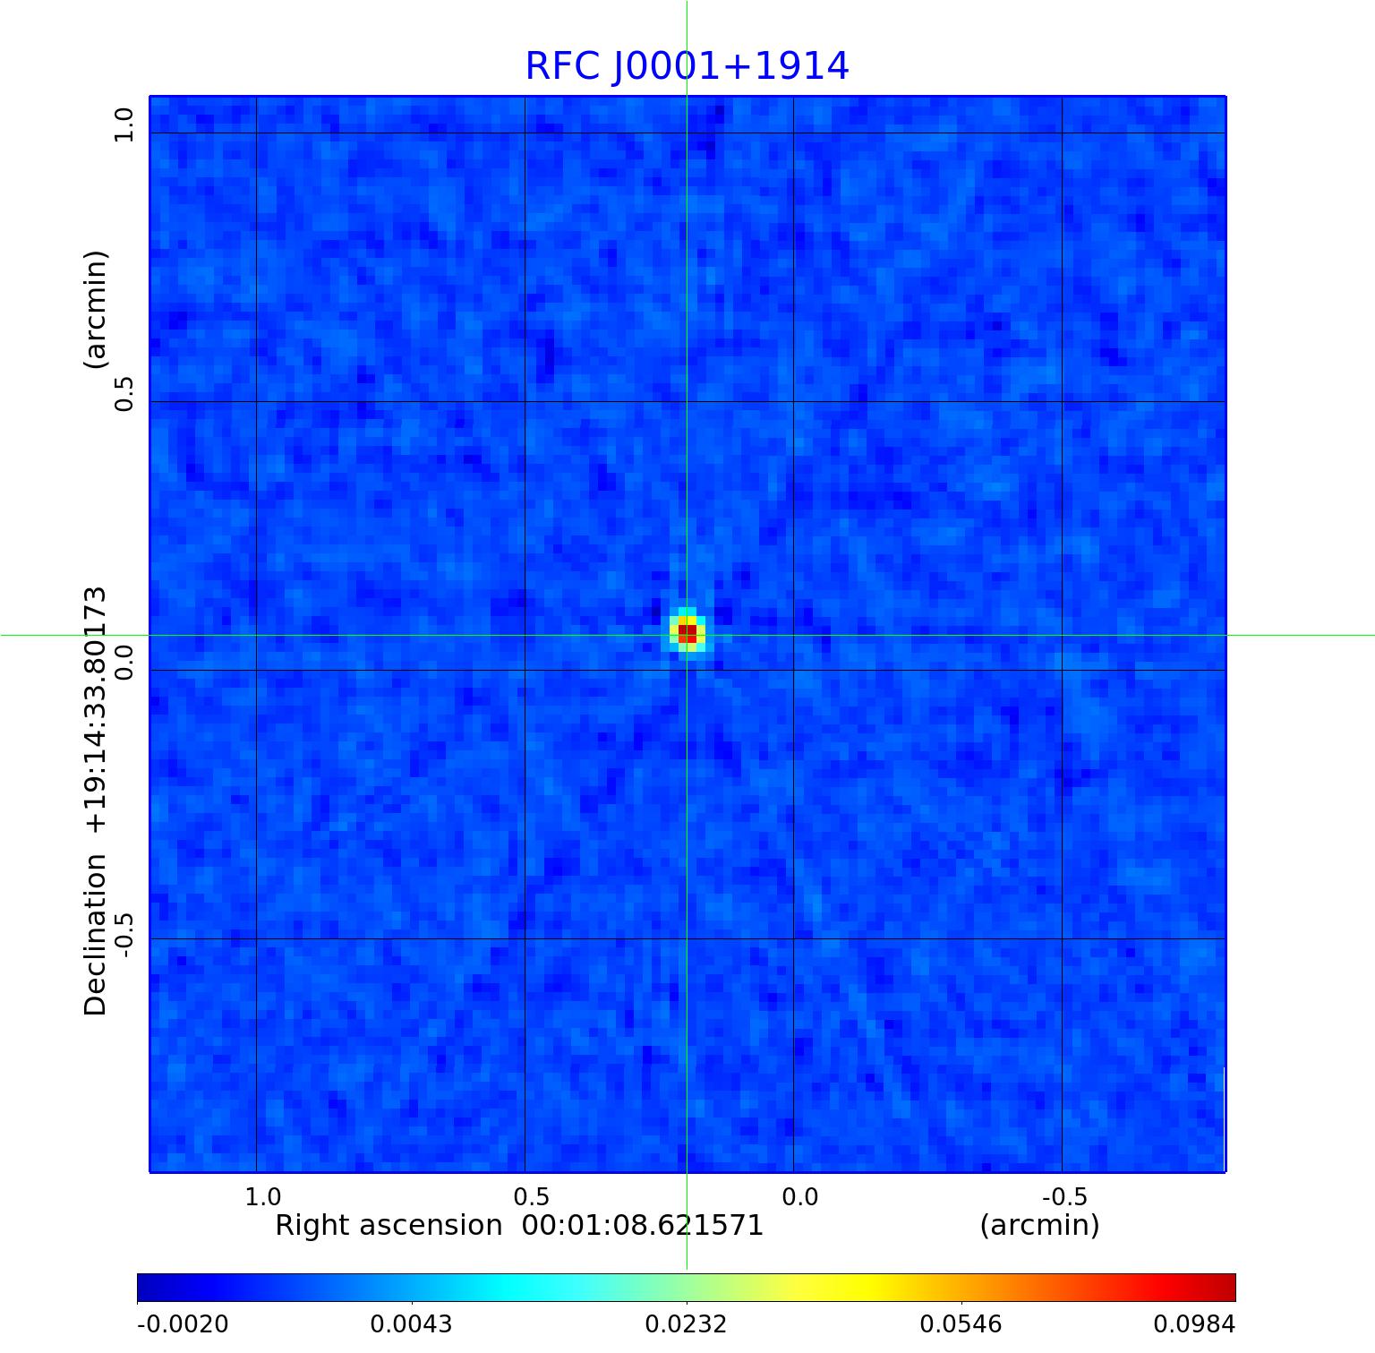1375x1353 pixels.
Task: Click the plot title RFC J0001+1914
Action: click(687, 66)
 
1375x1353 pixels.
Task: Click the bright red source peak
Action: click(687, 633)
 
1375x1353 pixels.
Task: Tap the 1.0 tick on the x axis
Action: click(263, 1197)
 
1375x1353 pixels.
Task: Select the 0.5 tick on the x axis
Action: click(531, 1197)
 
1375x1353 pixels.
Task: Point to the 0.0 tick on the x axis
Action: click(799, 1197)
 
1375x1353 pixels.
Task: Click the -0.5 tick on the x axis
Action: click(1064, 1197)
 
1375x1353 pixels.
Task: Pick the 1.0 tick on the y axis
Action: click(124, 124)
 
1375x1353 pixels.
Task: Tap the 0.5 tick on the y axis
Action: click(124, 393)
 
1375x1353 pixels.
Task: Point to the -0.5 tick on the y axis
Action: click(124, 934)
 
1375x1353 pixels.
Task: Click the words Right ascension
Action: click(389, 1225)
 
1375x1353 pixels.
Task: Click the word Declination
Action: click(95, 935)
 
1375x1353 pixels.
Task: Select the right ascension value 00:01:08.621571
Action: click(642, 1225)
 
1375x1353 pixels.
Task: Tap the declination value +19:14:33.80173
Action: click(95, 710)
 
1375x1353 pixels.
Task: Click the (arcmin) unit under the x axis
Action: click(1039, 1225)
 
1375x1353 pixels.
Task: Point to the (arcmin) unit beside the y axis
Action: click(95, 309)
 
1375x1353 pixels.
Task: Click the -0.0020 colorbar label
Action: click(183, 1323)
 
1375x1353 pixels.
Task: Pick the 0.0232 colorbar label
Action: click(687, 1323)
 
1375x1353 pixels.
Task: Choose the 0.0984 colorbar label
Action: click(1193, 1323)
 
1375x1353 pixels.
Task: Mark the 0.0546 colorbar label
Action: click(961, 1323)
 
